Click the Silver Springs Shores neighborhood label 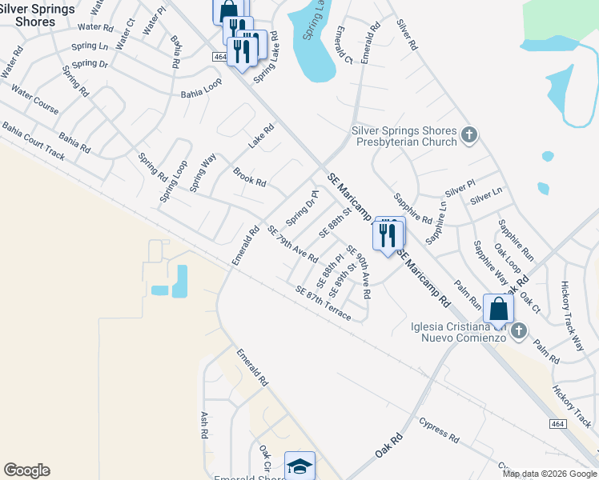pos(38,14)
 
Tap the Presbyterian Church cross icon pos(470,136)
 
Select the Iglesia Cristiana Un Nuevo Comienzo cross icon pos(519,330)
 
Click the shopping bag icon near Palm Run pos(498,309)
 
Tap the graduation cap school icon pos(299,466)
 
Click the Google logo pos(26,470)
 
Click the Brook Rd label pos(249,176)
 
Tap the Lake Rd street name pos(261,135)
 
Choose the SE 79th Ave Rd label pos(292,245)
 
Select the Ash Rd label pos(204,425)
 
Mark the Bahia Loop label pos(201,87)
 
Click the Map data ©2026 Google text pos(549,474)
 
